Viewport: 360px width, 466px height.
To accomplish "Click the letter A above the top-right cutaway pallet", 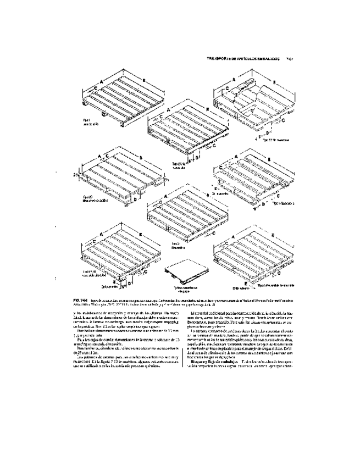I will pyautogui.click(x=233, y=80).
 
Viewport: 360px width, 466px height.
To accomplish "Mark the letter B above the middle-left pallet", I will pyautogui.click(x=142, y=158).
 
